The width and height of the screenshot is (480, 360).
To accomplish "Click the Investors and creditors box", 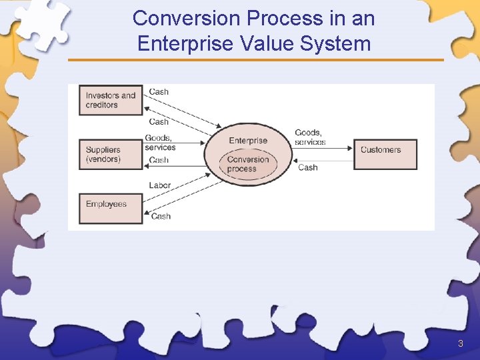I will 110,100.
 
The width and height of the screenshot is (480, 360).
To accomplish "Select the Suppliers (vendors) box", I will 110,155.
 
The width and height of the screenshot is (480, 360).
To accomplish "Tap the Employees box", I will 110,208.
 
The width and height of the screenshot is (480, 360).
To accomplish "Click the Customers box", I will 385,155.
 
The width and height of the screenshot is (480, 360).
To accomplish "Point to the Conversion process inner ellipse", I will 248,164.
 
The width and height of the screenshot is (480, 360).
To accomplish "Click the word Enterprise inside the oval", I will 248,141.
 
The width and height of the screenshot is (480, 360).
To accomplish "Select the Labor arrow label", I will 160,185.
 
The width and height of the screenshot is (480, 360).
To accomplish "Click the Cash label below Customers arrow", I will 307,167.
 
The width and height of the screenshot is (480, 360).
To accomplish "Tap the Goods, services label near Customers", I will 310,137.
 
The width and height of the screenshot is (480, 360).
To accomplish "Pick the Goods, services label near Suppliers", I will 159,143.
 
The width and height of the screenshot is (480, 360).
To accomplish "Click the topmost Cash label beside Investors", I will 159,91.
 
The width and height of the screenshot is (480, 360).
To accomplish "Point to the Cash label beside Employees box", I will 161,216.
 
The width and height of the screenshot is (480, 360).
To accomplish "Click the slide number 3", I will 460,344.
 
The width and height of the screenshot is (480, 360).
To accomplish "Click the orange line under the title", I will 255,60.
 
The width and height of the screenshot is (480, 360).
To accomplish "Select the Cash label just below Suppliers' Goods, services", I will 159,160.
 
